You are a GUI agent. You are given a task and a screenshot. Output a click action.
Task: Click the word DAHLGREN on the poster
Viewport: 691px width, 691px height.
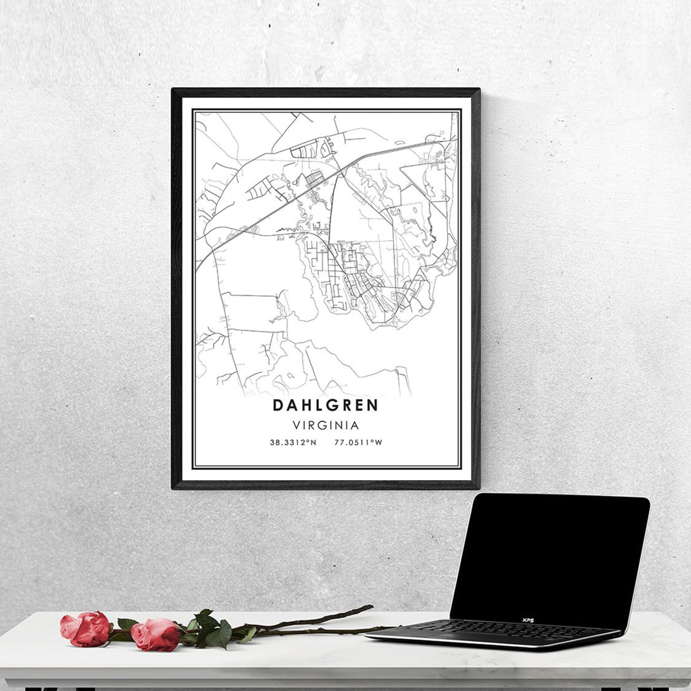point(325,405)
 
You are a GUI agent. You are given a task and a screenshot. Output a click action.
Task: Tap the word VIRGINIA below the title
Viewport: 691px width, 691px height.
point(325,425)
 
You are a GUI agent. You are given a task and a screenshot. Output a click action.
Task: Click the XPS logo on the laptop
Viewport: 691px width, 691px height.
point(528,620)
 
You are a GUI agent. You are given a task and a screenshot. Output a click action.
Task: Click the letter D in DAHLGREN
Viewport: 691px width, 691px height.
point(277,405)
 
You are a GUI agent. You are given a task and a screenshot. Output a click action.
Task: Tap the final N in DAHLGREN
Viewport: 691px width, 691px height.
point(373,405)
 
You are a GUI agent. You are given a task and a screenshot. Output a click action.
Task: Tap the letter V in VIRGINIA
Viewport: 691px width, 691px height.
point(296,425)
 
